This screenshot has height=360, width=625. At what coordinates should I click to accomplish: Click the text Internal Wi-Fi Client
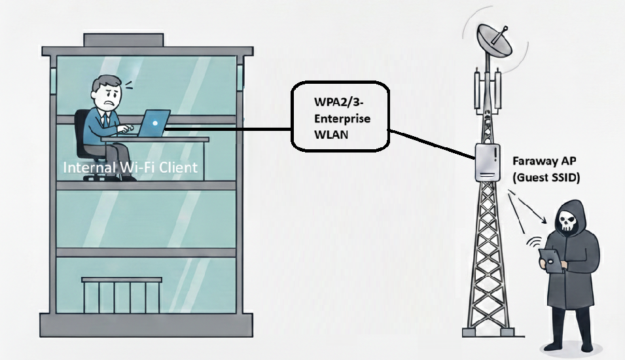coord(130,168)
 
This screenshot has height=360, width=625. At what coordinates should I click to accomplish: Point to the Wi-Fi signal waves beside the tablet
coord(531,244)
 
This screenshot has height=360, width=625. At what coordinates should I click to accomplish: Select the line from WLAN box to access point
coord(432,143)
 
